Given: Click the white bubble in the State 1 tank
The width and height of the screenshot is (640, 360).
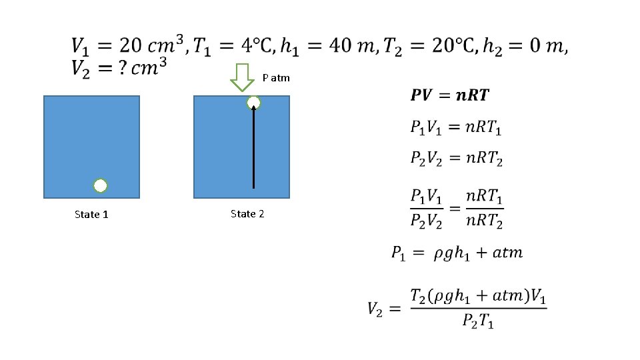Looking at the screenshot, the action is click(100, 186).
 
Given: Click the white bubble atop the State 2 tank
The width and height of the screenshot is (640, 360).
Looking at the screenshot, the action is click(253, 103).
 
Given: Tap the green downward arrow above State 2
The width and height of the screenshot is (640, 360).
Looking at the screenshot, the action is click(243, 77).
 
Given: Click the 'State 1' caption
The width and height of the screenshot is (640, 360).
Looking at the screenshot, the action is click(91, 215).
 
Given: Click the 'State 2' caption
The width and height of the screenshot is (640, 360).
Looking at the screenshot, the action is click(247, 214).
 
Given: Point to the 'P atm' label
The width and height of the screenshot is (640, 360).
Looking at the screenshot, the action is click(276, 78).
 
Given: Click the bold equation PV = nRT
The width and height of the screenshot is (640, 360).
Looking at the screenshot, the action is click(449, 95).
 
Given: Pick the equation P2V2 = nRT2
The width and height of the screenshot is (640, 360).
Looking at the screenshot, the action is click(456, 158).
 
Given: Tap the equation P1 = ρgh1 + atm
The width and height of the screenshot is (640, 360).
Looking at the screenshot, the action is click(457, 253).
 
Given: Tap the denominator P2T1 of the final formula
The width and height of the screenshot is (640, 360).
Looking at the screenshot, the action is click(478, 321).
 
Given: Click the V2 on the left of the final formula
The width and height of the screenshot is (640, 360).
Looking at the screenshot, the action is click(376, 309).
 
